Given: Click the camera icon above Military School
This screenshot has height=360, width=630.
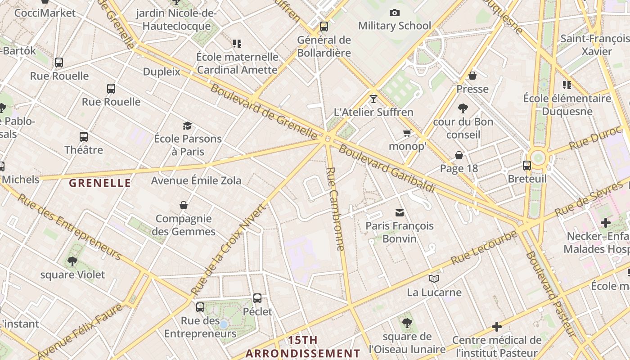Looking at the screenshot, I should click(395, 13).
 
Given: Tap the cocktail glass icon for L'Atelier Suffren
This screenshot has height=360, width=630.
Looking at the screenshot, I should click(373, 99).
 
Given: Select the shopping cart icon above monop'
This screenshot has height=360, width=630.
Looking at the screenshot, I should click(407, 133).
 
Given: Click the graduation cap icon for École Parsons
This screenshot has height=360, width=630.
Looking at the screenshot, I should click(187, 126).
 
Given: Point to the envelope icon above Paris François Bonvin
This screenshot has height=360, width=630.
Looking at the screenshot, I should click(399, 212).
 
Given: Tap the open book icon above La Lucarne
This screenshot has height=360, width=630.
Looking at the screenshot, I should click(434, 279).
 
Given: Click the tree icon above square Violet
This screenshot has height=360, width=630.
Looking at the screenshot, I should click(72, 261).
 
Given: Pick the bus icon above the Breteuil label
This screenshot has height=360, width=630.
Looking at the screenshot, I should click(527, 166).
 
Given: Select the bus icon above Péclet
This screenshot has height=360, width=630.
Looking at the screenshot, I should click(257, 298).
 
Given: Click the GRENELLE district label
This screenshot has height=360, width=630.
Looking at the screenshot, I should click(100, 183).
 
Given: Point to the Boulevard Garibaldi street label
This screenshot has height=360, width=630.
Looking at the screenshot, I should click(387, 168).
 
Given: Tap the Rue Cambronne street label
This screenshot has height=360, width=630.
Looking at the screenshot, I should click(336, 209).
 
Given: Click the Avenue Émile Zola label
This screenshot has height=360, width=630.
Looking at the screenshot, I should click(196, 180).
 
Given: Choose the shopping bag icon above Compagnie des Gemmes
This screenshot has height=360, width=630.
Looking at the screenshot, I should click(184, 205).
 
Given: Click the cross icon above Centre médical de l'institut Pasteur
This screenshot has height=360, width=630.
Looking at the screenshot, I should click(497, 327).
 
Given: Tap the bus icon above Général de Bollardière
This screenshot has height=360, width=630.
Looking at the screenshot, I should click(324, 27).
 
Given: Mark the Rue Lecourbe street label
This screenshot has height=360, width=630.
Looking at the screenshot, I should click(484, 247).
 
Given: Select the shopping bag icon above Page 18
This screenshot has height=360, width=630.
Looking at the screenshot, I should click(459, 155).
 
